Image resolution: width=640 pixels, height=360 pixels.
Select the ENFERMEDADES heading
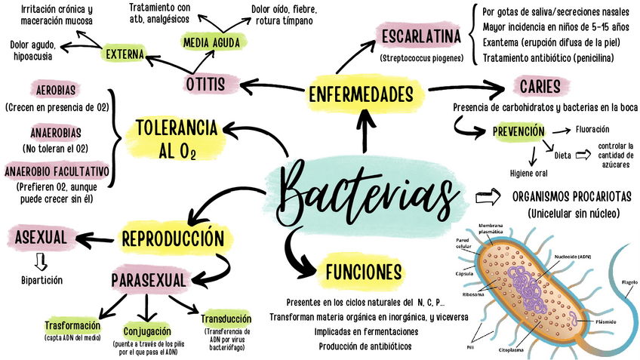(x=360, y=95)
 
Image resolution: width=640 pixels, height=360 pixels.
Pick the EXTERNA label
(x=125, y=54)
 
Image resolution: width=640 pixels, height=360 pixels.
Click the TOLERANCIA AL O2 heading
(x=177, y=138)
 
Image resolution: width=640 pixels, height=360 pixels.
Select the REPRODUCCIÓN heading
(x=173, y=238)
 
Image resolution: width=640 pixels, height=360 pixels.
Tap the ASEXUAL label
(x=42, y=238)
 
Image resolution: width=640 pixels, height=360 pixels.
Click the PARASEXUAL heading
(x=149, y=281)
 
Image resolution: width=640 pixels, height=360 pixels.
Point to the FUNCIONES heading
(x=362, y=271)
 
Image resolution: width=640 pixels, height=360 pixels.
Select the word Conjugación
(x=146, y=331)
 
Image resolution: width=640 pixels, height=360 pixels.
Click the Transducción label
(x=226, y=318)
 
